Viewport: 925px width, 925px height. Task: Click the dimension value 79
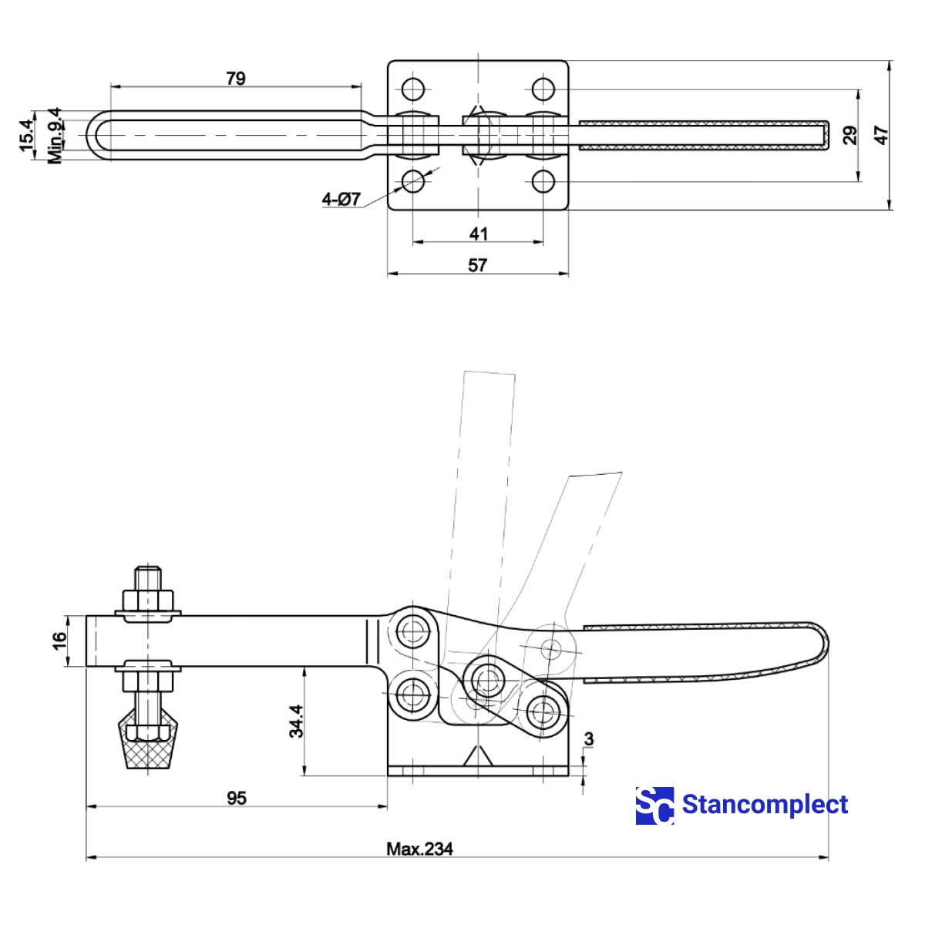[236, 79]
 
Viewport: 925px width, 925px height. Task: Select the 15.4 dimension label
[27, 135]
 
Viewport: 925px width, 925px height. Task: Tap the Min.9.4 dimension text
[55, 136]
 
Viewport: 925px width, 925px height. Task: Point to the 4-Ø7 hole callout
[341, 200]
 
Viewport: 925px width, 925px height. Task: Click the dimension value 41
[478, 234]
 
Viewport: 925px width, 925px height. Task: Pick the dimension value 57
[478, 265]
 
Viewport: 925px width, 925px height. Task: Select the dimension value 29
[849, 136]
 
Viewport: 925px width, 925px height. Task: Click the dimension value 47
[881, 136]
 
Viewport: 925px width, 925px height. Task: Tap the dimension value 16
[59, 641]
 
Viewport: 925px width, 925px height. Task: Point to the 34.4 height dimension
[297, 721]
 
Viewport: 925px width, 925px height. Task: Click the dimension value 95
[237, 798]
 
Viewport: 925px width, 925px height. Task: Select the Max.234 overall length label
[419, 849]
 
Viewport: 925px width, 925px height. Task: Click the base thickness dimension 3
[589, 739]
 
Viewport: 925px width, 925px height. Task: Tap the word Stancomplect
[765, 805]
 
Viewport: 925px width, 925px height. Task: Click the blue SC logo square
[654, 806]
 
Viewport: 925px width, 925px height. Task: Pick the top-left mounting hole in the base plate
[413, 89]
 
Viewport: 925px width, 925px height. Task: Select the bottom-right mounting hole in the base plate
[543, 182]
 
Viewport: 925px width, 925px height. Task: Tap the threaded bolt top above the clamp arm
[147, 578]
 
